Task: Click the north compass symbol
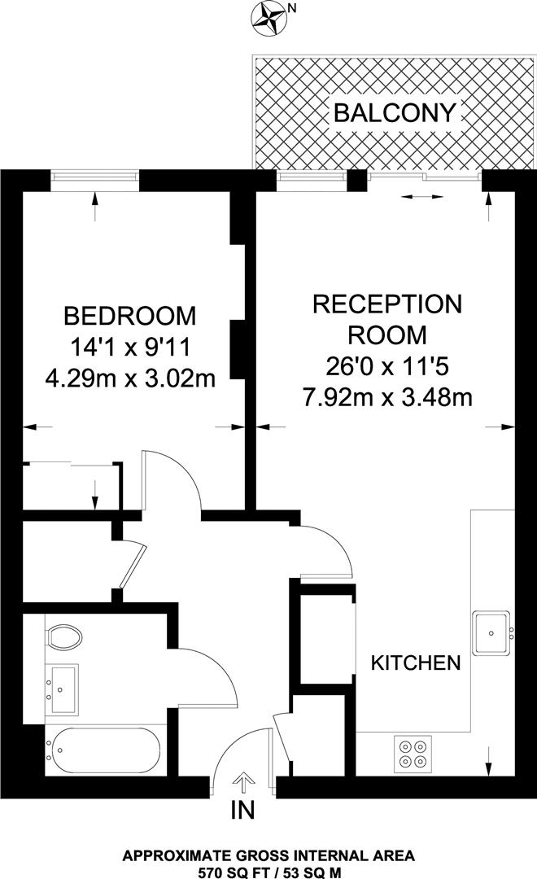coord(268,19)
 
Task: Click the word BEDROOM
coord(130,314)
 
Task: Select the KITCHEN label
coord(416,663)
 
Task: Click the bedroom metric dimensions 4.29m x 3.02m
coord(130,379)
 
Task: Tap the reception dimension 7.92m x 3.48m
coord(387,397)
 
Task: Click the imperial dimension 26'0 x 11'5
coord(387,366)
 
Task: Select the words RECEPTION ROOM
coord(387,319)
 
